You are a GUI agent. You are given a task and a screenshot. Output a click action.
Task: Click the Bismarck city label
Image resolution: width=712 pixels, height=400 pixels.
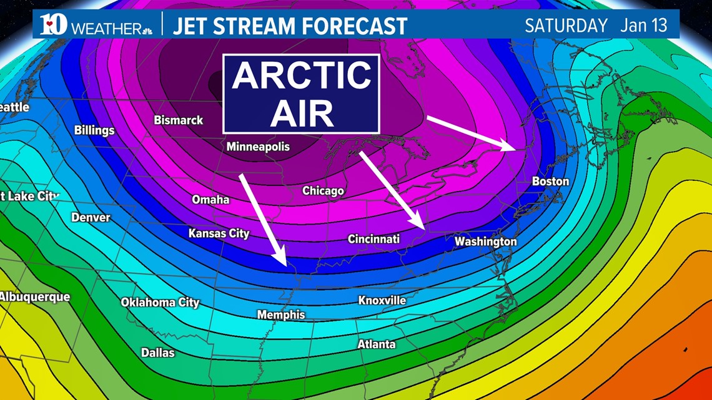[179, 120]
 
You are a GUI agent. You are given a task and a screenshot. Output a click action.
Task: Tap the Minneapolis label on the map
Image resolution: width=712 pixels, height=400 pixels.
[258, 147]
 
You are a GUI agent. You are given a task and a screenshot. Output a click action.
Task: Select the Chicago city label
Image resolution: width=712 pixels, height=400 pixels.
[323, 190]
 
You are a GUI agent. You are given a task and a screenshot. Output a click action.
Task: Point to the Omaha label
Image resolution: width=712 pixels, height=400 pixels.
[210, 200]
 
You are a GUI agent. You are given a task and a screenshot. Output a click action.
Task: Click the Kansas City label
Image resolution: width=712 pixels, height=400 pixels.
[219, 233]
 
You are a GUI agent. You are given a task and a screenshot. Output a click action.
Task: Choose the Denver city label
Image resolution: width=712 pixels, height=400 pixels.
[91, 217]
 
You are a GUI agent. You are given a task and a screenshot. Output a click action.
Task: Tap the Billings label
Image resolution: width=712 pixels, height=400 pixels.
[94, 130]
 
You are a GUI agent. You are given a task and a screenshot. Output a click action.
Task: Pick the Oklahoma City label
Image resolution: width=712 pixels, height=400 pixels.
[160, 303]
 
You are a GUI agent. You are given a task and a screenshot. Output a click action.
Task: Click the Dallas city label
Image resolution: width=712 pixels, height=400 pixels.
[157, 353]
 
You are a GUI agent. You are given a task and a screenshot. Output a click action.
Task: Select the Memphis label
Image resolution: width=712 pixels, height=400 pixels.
[281, 315]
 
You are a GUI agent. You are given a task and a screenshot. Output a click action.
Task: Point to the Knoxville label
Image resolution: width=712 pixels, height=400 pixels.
[382, 301]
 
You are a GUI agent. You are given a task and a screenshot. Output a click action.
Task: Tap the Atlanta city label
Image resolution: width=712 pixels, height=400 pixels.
[376, 344]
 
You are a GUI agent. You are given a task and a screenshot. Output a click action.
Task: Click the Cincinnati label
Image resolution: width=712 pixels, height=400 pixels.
[373, 239]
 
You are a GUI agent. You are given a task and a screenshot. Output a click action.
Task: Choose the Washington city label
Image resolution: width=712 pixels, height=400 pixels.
[485, 241]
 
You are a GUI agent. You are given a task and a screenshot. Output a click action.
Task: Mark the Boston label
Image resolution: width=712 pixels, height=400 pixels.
[550, 182]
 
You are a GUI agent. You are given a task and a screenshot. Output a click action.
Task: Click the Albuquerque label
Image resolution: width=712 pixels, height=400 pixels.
[35, 297]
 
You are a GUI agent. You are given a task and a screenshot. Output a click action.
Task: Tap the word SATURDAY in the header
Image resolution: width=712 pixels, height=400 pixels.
[566, 26]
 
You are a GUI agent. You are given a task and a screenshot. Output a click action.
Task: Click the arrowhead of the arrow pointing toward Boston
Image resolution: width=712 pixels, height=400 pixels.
[513, 148]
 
